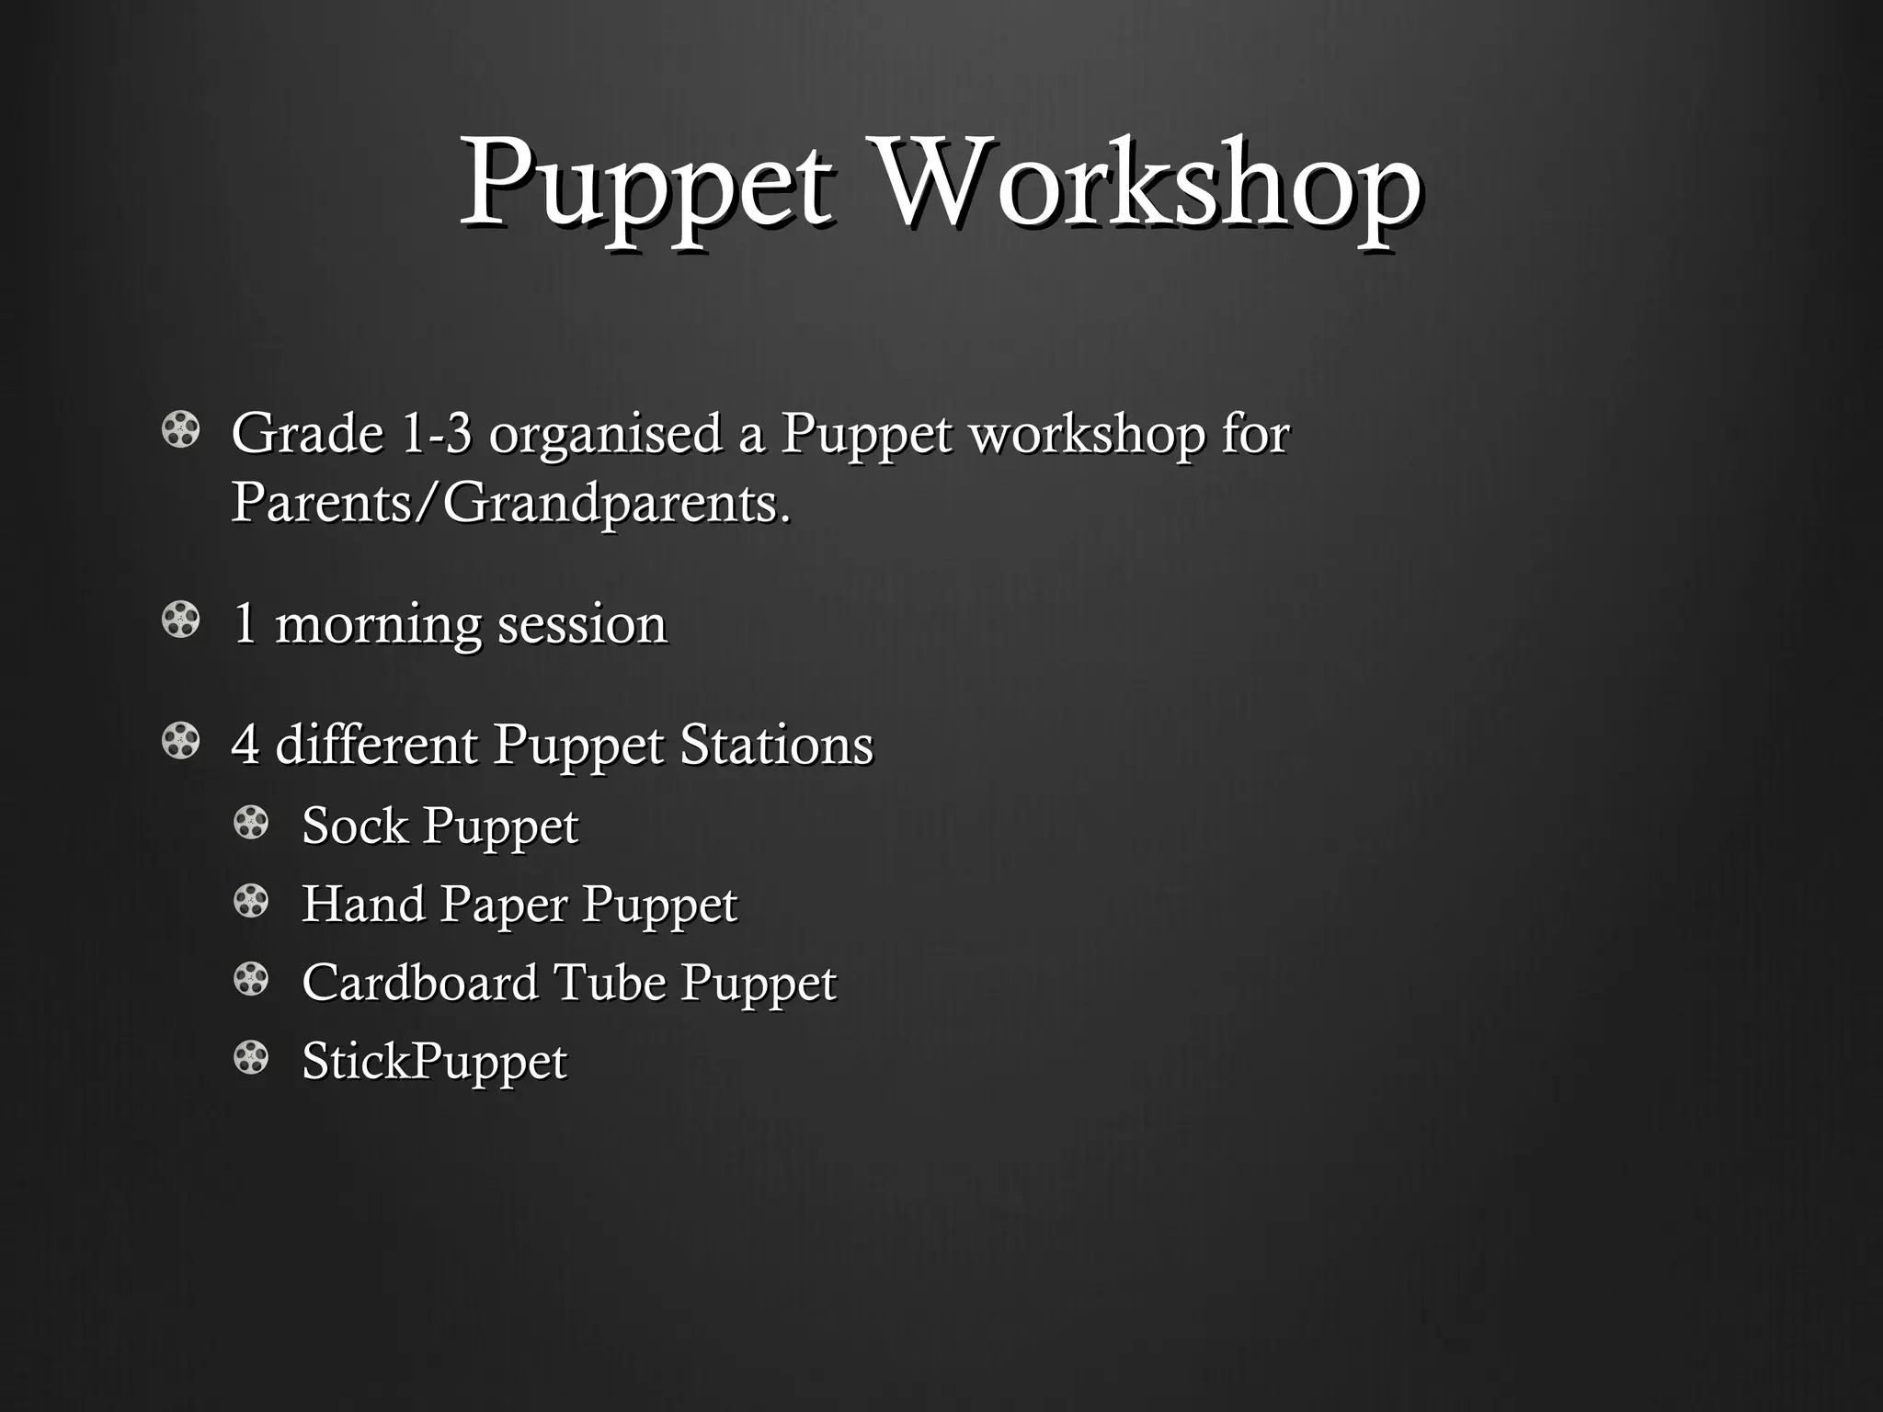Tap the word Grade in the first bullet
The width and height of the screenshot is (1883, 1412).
pos(307,433)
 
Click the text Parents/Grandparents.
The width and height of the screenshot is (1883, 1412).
pos(510,504)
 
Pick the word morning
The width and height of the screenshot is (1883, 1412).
pos(378,625)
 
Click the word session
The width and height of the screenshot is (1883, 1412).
pos(582,624)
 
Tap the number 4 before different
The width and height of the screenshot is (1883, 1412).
pos(245,744)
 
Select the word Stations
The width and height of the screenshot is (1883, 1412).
pos(776,744)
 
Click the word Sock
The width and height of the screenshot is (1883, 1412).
pos(355,825)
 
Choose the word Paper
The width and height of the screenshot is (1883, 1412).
pos(503,905)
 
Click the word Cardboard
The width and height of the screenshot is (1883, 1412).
pos(420,982)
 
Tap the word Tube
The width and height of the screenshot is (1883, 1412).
pos(610,982)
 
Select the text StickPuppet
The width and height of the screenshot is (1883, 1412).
pos(434,1062)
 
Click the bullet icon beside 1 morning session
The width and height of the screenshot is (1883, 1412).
pos(180,620)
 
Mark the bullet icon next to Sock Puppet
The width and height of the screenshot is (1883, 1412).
pos(251,822)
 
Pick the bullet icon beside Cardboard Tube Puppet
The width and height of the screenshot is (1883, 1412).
pos(251,979)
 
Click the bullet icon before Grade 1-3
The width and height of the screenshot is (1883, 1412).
pos(180,429)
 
